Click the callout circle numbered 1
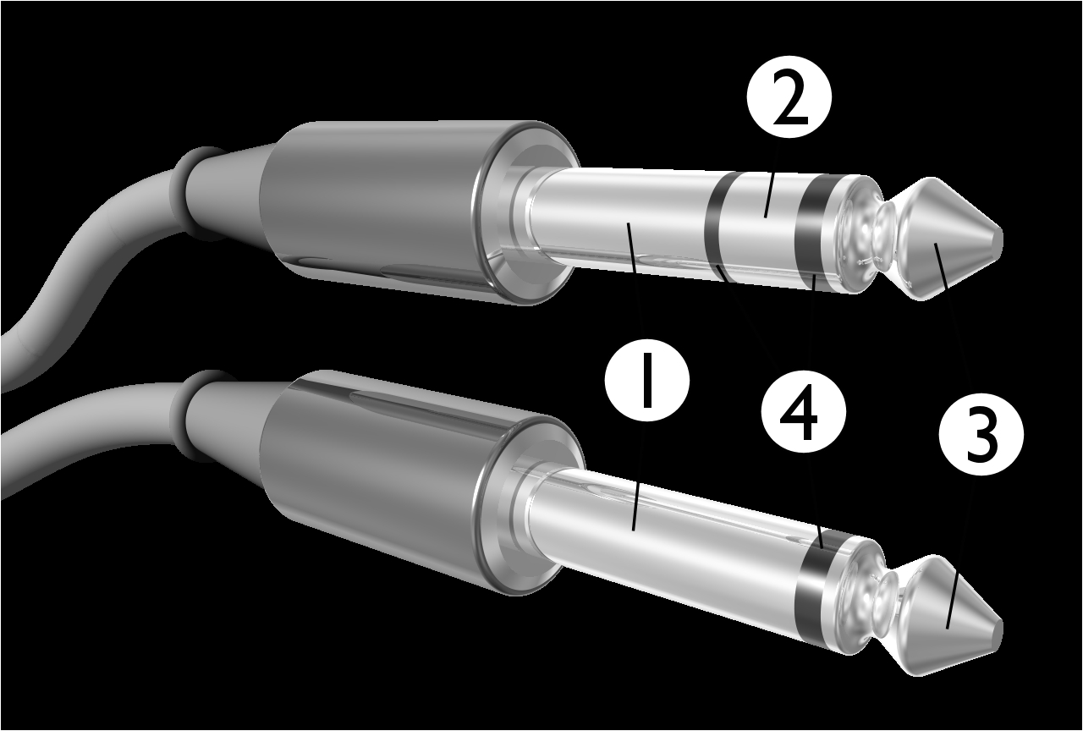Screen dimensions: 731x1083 (647, 386)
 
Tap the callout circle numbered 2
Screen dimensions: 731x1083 (789, 102)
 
